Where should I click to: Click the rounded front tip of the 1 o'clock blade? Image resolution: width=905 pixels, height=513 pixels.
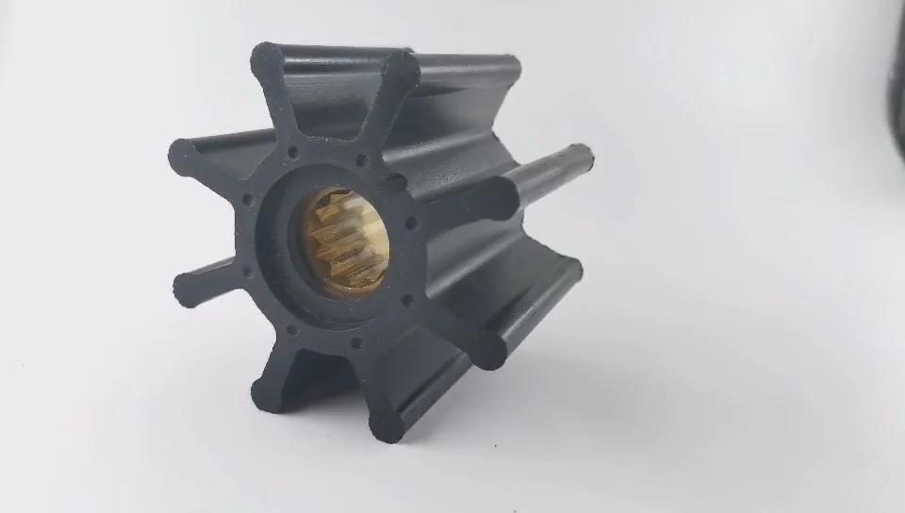(400, 67)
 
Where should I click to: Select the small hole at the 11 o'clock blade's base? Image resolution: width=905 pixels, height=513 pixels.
(293, 151)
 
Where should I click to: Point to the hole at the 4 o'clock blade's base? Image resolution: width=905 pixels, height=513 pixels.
(407, 301)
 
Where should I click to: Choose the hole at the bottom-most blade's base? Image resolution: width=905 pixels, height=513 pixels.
(355, 343)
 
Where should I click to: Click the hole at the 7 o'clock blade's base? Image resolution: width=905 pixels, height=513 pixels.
(289, 330)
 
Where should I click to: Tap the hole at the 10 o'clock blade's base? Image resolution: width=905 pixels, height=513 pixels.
(247, 200)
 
